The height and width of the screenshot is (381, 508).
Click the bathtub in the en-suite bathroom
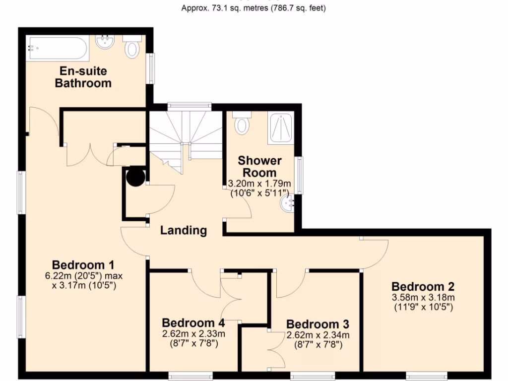(57, 48)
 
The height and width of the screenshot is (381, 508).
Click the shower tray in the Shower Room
(281, 128)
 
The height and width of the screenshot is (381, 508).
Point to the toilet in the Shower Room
(242, 123)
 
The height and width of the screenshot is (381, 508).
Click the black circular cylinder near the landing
(135, 177)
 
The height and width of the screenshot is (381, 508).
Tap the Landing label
(183, 230)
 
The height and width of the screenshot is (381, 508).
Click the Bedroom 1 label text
(83, 264)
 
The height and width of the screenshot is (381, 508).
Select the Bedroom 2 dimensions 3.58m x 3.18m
(423, 298)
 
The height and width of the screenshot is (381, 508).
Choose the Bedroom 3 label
(317, 324)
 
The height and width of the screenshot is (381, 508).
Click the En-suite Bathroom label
(83, 77)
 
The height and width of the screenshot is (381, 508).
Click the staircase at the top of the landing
(186, 134)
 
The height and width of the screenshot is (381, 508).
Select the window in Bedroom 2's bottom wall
(427, 376)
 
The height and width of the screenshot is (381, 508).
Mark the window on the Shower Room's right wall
(299, 175)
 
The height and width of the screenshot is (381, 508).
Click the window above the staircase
(189, 106)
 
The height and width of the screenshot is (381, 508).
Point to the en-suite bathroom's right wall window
(151, 68)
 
